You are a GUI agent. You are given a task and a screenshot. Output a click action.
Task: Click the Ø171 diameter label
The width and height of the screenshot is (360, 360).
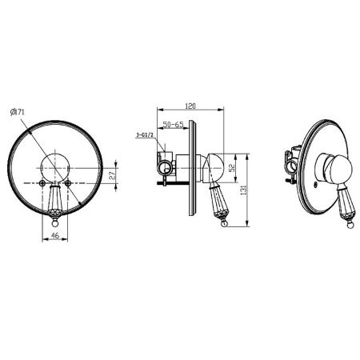(x=18, y=112)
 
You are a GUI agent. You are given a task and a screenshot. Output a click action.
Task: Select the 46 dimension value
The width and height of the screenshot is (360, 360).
(x=55, y=235)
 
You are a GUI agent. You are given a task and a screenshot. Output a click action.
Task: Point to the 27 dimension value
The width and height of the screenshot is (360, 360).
(x=113, y=175)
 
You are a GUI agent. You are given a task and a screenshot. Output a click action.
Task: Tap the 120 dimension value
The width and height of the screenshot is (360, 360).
(x=190, y=106)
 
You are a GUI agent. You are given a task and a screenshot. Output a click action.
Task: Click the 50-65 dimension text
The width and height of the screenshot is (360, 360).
(x=173, y=125)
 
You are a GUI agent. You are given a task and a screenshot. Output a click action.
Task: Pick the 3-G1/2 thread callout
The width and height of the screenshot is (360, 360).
(x=145, y=135)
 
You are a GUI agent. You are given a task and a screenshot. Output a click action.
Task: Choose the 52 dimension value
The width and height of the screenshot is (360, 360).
(x=232, y=167)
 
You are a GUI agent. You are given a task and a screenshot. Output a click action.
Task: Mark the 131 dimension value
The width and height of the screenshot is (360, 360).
(x=243, y=190)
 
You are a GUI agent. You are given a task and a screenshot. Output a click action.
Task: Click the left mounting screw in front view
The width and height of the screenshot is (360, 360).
(x=42, y=182)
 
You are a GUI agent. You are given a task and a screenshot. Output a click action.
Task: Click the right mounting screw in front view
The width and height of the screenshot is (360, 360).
(x=68, y=182)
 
